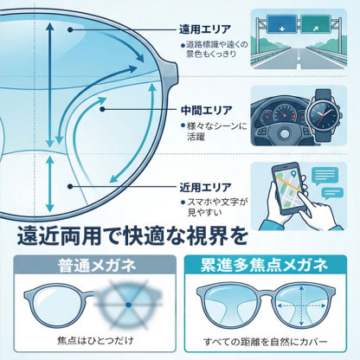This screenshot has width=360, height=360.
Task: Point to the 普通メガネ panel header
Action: tap(89, 264)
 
